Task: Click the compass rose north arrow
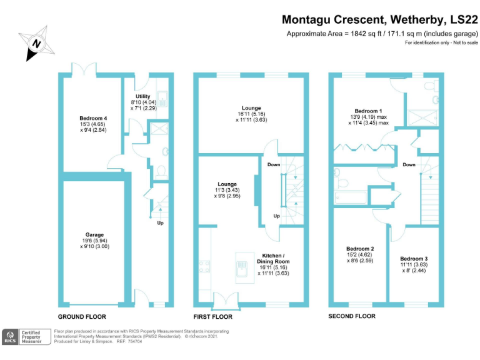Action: [x=36, y=43]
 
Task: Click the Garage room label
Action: [x=94, y=234]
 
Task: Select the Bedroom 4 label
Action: [x=93, y=118]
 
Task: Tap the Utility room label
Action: [x=143, y=96]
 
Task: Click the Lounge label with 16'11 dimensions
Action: [x=251, y=108]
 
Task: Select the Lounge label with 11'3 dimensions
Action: [x=227, y=184]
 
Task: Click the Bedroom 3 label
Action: [x=414, y=258]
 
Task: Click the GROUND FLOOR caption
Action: [x=82, y=317]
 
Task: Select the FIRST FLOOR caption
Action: [x=216, y=317]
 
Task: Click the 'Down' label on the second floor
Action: [x=409, y=165]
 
